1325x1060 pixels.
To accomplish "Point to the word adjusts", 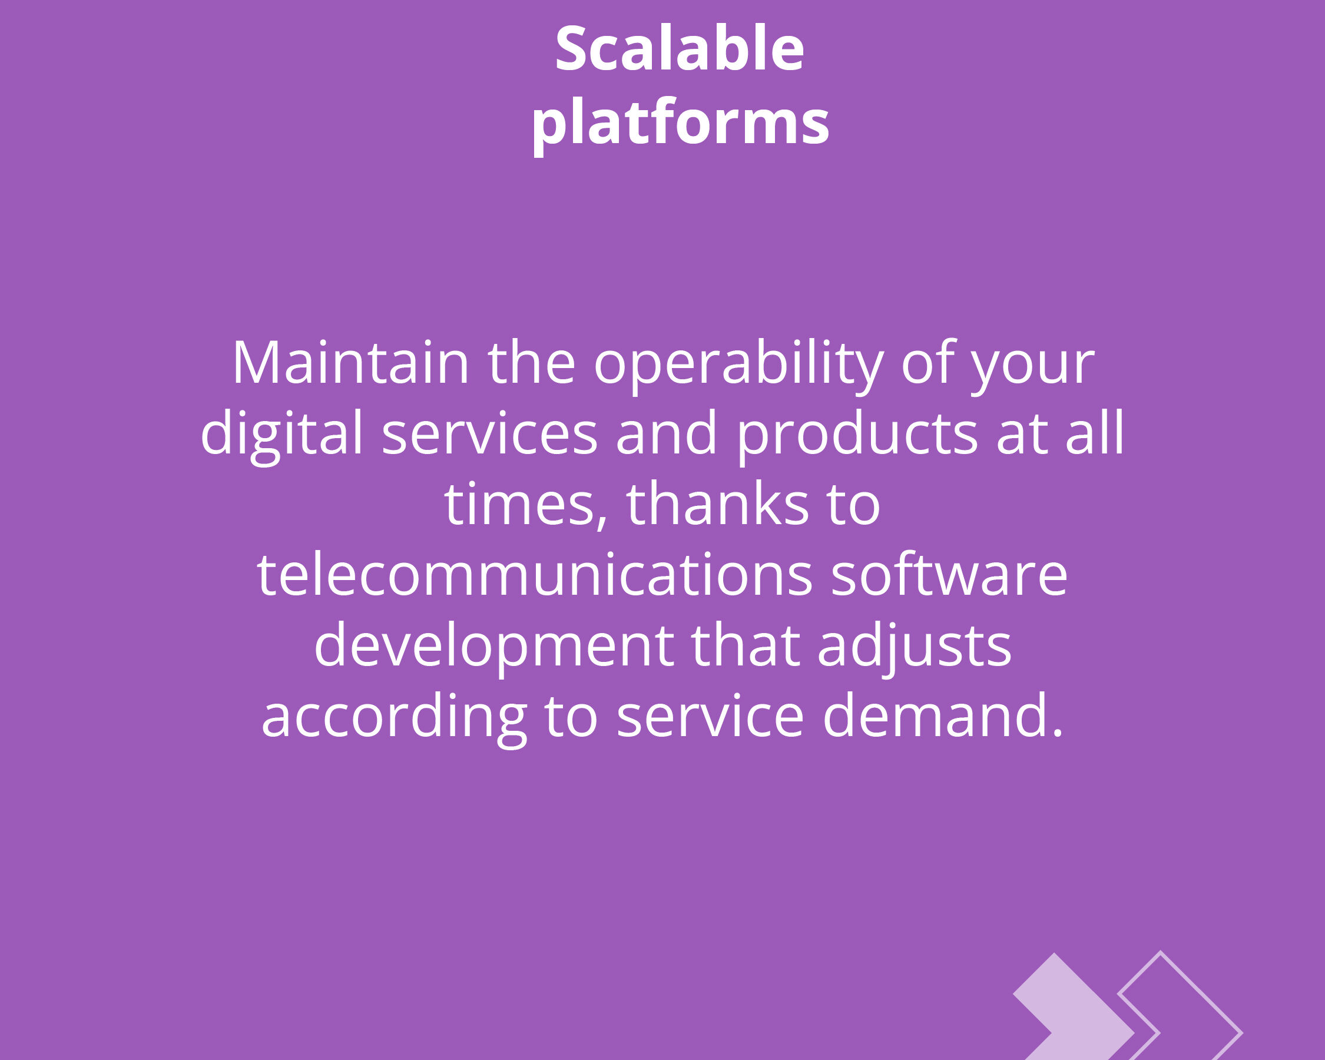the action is coord(915,649).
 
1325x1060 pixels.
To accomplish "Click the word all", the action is coord(1095,433).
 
